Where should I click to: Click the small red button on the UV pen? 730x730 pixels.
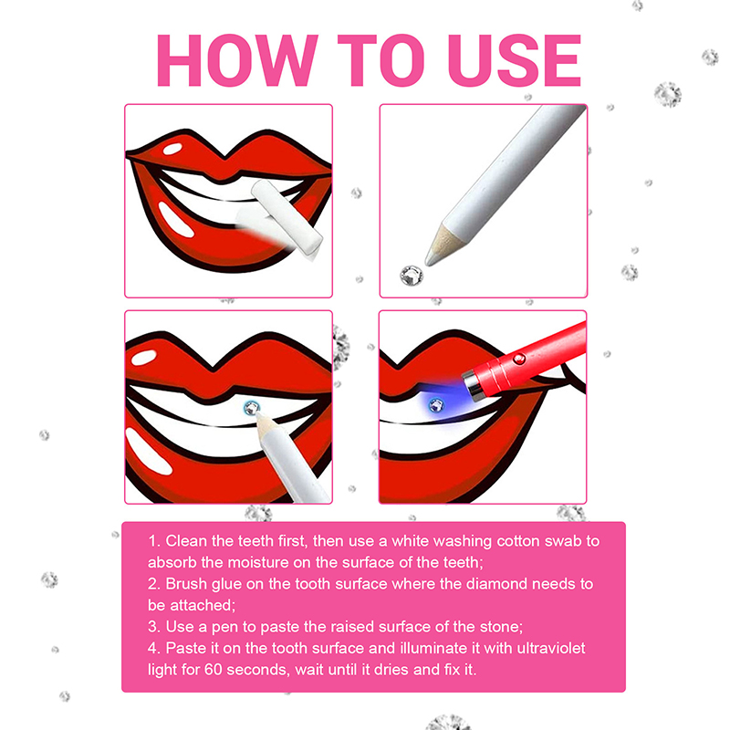tap(520, 359)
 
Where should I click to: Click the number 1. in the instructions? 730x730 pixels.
tap(153, 541)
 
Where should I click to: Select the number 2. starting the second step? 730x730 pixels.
tap(153, 583)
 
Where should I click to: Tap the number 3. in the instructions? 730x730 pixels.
tap(153, 626)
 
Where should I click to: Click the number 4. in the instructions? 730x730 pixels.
tap(153, 647)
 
